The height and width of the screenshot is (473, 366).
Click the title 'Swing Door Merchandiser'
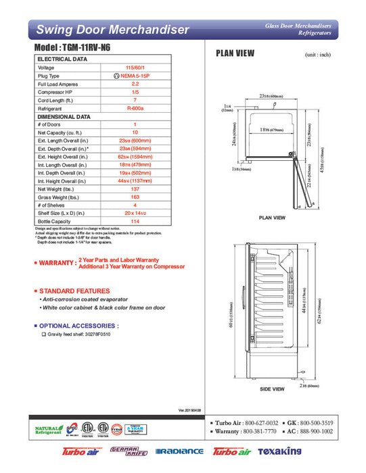tap(112, 30)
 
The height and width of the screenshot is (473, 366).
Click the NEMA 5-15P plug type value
tap(135, 76)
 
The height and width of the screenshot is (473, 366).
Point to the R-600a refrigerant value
tap(135, 108)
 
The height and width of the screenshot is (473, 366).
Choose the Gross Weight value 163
tap(135, 197)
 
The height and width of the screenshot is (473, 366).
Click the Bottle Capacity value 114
tap(135, 221)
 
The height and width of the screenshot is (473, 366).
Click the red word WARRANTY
tap(56, 263)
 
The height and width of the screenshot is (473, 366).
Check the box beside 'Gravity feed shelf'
tap(44, 334)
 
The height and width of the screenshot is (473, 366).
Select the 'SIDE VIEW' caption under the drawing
tap(272, 389)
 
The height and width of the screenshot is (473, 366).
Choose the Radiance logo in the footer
tap(179, 451)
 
